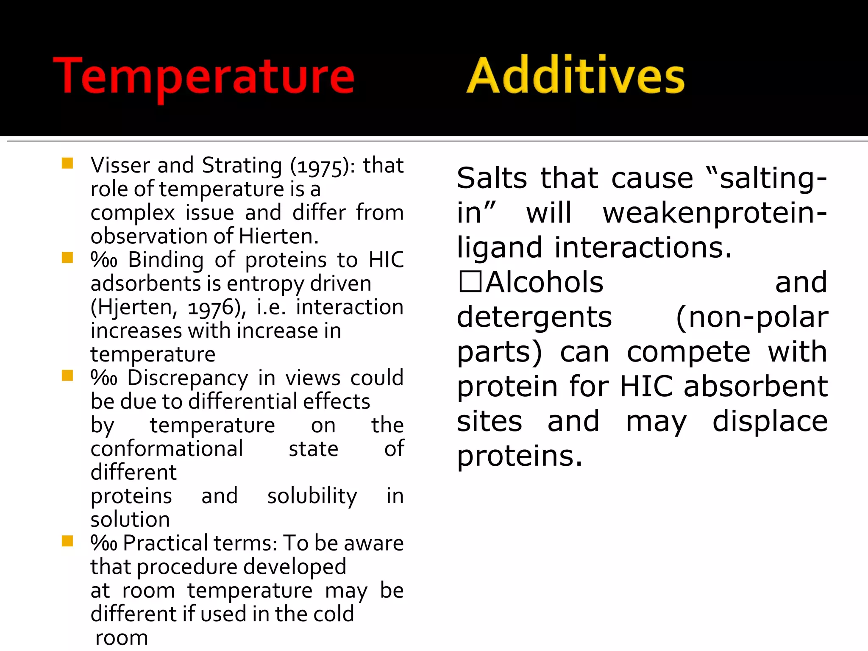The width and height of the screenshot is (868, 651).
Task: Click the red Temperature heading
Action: point(203,76)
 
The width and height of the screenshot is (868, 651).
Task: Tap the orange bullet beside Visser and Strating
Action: point(67,164)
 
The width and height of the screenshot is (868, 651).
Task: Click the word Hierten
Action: point(278,236)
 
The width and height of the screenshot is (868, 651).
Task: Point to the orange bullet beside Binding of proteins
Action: point(67,258)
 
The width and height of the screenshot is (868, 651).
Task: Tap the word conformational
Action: point(167,449)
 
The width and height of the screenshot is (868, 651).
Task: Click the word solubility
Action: point(312,496)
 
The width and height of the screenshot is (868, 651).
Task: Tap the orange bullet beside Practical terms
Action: point(67,541)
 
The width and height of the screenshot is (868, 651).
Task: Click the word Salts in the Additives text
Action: point(492,178)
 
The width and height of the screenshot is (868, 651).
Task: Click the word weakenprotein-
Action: point(715,213)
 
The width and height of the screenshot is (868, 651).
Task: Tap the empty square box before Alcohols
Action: point(470,281)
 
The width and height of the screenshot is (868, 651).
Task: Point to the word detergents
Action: point(534,317)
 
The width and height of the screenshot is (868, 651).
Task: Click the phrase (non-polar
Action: point(751,317)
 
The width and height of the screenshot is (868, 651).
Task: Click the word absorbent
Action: point(755,387)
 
